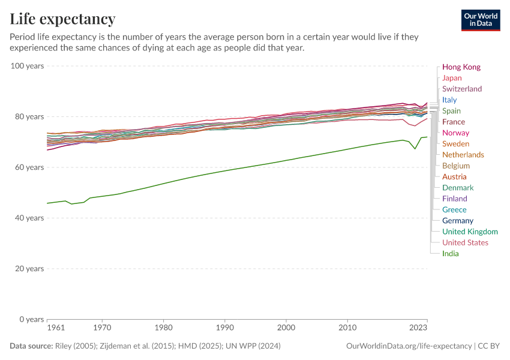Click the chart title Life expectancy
(x=62, y=19)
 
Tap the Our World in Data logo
(x=480, y=20)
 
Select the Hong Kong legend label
(x=461, y=67)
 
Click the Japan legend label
(x=452, y=78)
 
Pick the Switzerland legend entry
(x=461, y=89)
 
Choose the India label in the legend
(x=450, y=253)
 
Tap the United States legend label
(x=465, y=242)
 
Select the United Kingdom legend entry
(x=469, y=232)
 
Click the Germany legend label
(x=457, y=221)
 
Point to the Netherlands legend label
(x=463, y=155)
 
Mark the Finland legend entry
(x=454, y=199)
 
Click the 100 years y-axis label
(x=28, y=65)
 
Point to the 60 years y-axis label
(x=29, y=167)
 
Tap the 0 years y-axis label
(x=32, y=319)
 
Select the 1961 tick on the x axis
(x=56, y=328)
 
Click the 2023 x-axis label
(x=418, y=328)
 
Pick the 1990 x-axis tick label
(x=224, y=328)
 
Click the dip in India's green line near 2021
(x=415, y=149)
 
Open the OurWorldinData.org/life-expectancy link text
(x=409, y=346)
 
